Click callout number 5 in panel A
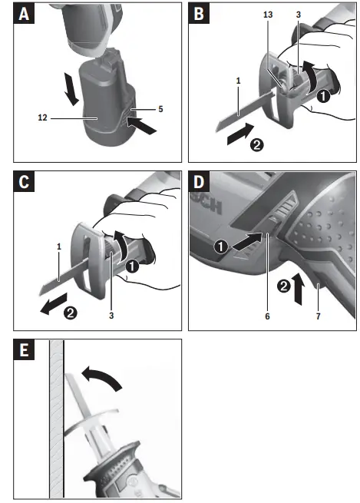coord(160,109)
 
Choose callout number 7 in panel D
coord(316,315)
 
